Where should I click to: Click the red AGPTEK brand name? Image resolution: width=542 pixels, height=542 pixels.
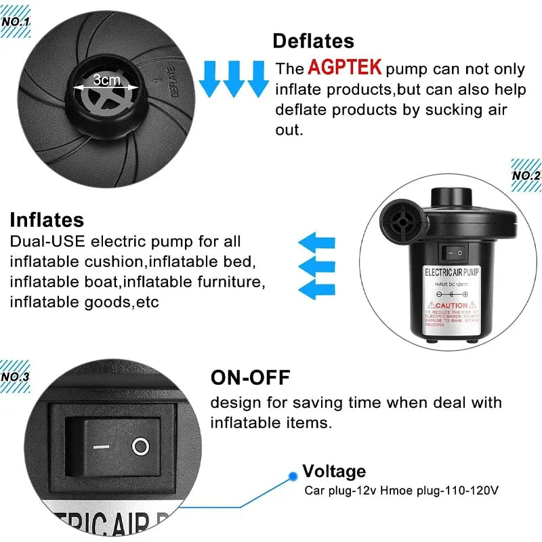click(x=344, y=68)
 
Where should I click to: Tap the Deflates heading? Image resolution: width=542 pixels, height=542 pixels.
click(x=313, y=41)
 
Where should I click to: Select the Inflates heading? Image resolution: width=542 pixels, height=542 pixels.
click(x=47, y=220)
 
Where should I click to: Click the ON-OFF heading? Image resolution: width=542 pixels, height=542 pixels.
click(x=250, y=377)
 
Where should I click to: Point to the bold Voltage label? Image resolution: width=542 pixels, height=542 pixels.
click(x=334, y=471)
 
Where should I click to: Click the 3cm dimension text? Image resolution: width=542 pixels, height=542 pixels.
click(x=106, y=80)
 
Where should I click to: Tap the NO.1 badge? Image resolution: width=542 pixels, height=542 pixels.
click(x=15, y=21)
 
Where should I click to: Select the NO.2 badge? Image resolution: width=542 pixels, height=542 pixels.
click(x=526, y=175)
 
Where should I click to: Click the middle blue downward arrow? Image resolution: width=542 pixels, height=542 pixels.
click(x=234, y=79)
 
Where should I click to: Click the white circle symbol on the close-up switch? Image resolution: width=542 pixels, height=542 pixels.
click(x=140, y=446)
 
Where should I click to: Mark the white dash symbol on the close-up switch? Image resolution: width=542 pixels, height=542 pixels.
click(x=102, y=447)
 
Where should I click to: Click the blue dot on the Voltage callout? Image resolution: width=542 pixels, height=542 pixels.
click(x=291, y=476)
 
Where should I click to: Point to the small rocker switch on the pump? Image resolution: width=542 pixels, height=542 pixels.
click(x=452, y=252)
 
